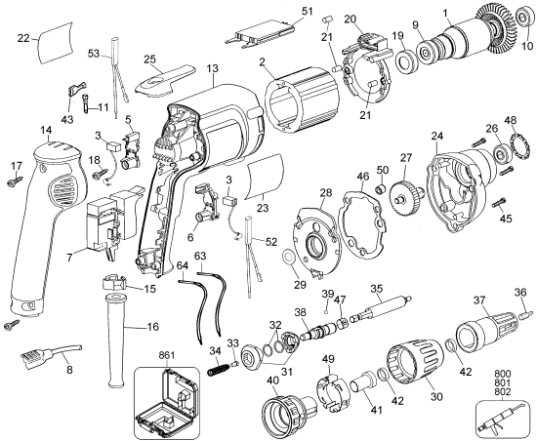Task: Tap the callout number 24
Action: [x=437, y=136]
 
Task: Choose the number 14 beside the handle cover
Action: [x=45, y=129]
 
